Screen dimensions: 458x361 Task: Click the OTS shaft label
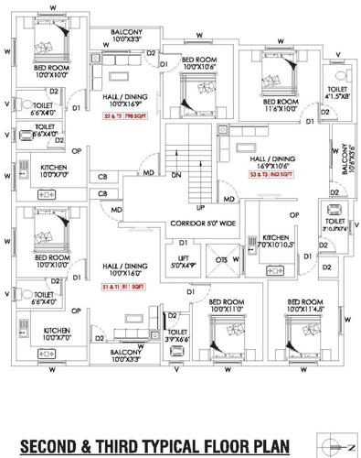(220, 259)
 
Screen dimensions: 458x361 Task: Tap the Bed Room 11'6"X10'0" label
(280, 104)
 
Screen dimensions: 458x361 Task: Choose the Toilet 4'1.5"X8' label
(337, 92)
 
